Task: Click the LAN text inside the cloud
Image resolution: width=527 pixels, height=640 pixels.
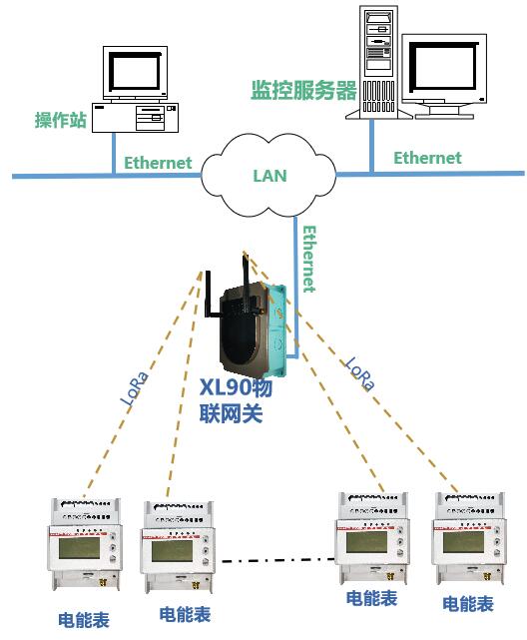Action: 270,176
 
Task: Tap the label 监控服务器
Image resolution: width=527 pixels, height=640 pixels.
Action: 303,90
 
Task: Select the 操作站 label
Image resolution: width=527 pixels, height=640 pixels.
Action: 61,120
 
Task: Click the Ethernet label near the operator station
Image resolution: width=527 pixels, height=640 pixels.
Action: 158,163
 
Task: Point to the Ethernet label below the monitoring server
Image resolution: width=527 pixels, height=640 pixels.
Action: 427,158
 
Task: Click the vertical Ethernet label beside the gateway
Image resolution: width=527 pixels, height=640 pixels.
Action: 309,260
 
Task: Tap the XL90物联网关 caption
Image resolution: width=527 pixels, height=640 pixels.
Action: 236,400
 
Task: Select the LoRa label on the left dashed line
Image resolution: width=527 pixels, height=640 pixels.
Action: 134,388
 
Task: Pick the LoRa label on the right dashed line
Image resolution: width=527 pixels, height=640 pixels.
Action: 359,373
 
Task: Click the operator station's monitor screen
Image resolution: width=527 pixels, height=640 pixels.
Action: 135,72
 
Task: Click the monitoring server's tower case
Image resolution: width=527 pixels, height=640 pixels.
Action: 378,63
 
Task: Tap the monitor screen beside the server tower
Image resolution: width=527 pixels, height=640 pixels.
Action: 443,67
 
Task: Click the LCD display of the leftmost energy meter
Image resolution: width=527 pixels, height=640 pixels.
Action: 79,548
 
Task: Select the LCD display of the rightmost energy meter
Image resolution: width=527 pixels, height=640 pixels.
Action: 463,541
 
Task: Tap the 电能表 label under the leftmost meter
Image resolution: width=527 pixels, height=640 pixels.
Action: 84,620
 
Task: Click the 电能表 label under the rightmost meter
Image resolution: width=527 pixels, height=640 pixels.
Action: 468,604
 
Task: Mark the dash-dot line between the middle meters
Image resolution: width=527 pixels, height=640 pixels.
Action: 278,560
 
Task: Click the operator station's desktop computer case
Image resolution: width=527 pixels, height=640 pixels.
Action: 136,118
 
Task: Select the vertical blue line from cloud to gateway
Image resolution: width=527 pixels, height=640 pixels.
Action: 295,287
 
